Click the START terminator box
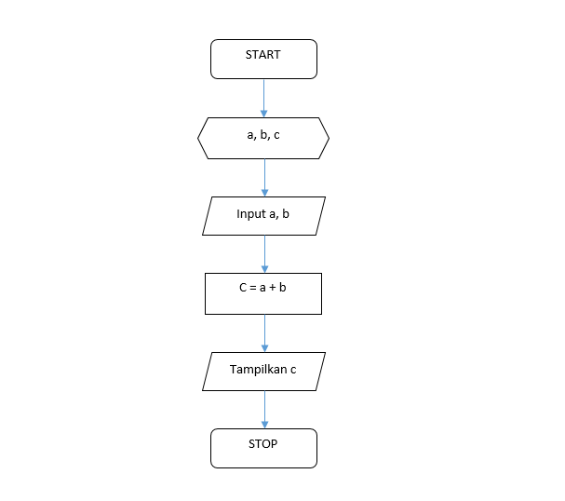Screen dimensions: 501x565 [x=263, y=60]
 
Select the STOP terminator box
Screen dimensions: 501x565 [x=263, y=448]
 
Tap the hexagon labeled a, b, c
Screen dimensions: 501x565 [x=263, y=139]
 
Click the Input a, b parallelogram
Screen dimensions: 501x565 [x=263, y=215]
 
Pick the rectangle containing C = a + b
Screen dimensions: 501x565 [x=263, y=293]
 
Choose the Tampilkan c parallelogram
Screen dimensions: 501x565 [x=263, y=371]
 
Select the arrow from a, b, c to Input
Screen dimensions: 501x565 [x=264, y=177]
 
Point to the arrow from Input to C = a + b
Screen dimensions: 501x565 [x=264, y=253]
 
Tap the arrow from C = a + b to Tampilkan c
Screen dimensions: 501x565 [x=264, y=332]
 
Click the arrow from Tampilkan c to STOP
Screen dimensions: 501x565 [x=264, y=409]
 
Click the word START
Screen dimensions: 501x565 [x=263, y=55]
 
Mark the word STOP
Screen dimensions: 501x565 [x=263, y=443]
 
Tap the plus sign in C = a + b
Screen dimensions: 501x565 [x=271, y=288]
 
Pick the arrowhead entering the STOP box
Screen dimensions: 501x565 [x=264, y=424]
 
